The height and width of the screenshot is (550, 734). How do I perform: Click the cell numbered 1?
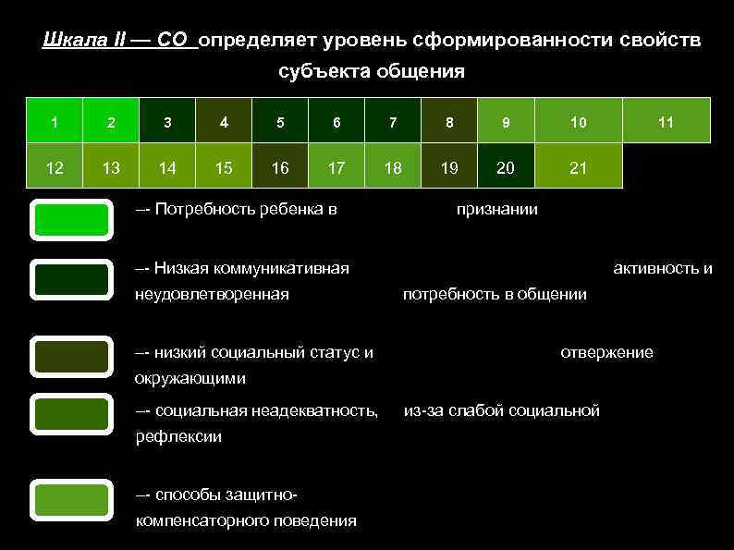pos(55,121)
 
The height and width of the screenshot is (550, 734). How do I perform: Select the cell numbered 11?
pos(666,121)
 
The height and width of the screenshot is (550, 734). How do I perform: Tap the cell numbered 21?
pos(578,167)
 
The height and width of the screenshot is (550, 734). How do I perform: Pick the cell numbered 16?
pos(280,167)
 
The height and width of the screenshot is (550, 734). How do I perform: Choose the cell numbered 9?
pos(506,121)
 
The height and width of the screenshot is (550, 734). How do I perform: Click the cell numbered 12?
pos(55,167)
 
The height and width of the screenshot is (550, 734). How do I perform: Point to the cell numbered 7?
pos(393,121)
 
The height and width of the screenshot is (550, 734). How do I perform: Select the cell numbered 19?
pos(449,167)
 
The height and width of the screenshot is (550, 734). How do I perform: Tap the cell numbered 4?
pos(224,121)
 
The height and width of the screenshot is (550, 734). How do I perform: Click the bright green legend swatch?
pos(71,220)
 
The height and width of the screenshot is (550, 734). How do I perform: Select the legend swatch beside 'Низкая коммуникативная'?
pos(71,279)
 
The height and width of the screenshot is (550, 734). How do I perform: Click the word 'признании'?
pos(497,210)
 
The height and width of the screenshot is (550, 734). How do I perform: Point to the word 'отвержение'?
pos(606,352)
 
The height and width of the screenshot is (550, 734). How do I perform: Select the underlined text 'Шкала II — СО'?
pos(119,42)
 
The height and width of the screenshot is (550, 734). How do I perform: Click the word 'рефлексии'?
pos(178,436)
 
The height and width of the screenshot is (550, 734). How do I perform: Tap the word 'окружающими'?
pos(190,378)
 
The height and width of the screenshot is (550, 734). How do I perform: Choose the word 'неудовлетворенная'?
pos(212,295)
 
